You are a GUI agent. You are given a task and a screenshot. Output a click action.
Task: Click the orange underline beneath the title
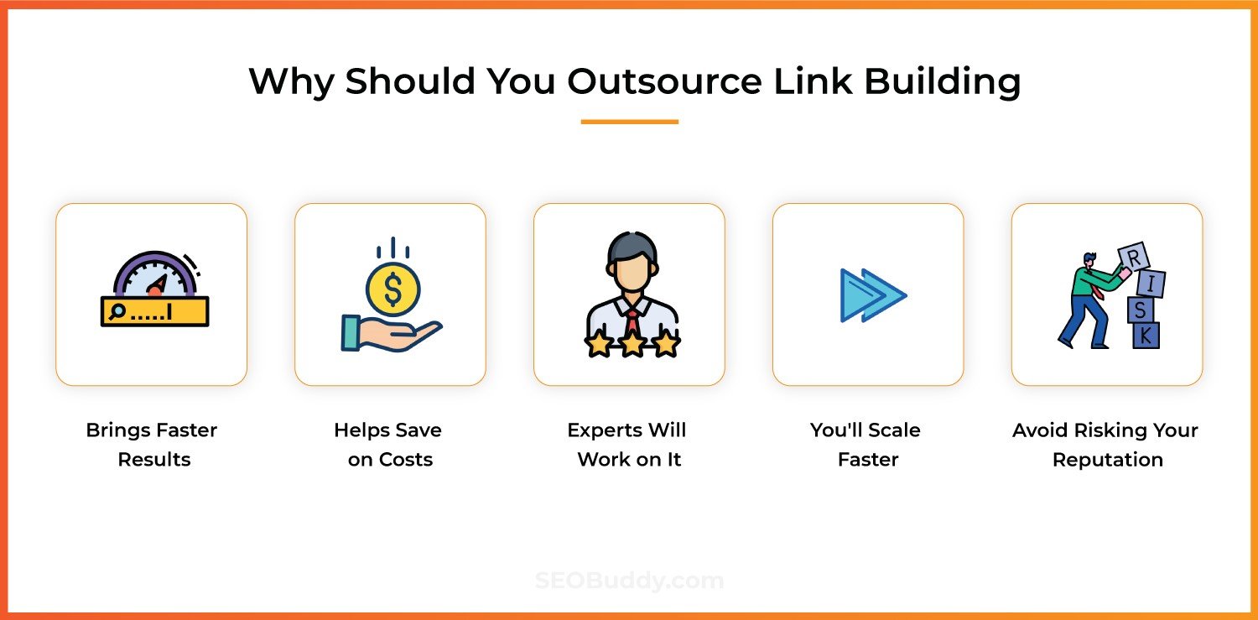pyautogui.click(x=629, y=122)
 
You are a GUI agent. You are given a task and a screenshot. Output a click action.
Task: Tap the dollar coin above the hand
pyautogui.click(x=392, y=289)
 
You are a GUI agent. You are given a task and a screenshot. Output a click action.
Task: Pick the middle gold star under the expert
pyautogui.click(x=630, y=343)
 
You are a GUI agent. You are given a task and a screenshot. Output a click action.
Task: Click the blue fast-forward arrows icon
pyautogui.click(x=872, y=295)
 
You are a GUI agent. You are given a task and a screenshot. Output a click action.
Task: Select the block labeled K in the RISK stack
pyautogui.click(x=1146, y=336)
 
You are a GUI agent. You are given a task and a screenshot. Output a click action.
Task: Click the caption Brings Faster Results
pyautogui.click(x=152, y=445)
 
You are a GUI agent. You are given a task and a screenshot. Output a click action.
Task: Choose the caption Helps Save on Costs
pyautogui.click(x=389, y=445)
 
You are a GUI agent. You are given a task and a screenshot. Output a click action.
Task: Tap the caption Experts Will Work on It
pyautogui.click(x=627, y=445)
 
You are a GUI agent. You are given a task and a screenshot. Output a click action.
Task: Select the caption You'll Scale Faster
pyautogui.click(x=866, y=445)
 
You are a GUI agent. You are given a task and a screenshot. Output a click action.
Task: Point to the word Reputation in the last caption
pyautogui.click(x=1107, y=460)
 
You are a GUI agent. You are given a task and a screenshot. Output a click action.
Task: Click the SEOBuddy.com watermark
pyautogui.click(x=629, y=581)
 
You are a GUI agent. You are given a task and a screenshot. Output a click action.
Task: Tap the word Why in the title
pyautogui.click(x=290, y=81)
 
